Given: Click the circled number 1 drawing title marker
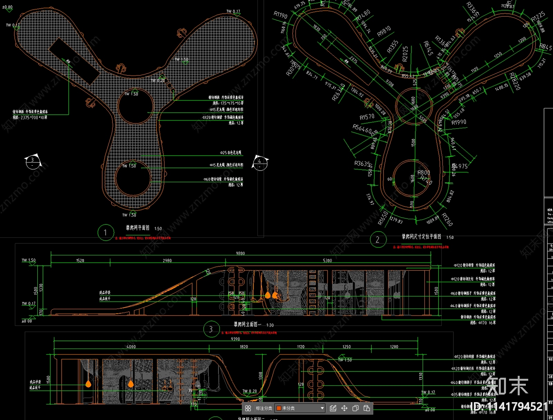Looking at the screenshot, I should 105,233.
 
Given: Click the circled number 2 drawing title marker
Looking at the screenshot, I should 377,239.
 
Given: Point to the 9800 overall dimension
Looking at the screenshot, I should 240,253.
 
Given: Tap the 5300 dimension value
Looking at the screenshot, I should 327,261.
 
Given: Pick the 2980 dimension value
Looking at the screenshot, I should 167,261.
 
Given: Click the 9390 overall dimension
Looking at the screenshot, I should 235,339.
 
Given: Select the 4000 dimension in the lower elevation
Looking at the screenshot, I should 131,346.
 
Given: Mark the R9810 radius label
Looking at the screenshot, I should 384,31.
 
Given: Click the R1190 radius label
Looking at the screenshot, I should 280,15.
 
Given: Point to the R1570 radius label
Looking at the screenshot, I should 367,117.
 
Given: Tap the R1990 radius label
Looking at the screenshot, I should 459,122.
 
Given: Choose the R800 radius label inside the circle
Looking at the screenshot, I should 424,172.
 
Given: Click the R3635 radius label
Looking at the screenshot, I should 362,163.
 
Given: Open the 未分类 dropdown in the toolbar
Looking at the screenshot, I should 300,408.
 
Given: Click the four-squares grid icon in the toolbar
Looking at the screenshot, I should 248,408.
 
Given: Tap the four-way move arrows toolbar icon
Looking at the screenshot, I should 344,408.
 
